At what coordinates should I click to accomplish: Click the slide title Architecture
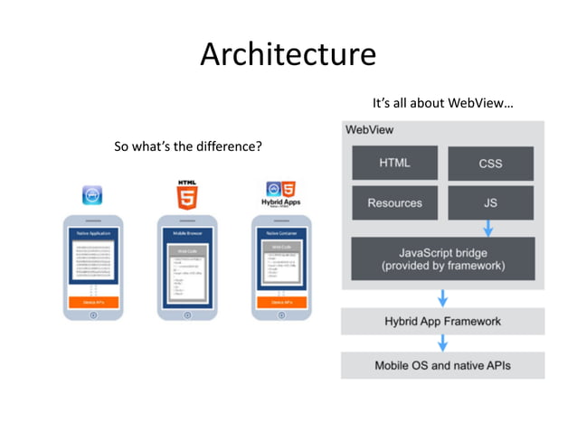(x=288, y=54)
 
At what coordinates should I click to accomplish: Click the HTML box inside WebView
(x=394, y=163)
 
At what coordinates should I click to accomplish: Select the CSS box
(x=490, y=164)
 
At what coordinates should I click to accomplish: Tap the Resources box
(x=394, y=203)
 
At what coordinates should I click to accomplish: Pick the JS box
(x=490, y=203)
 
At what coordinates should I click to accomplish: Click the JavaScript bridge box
(x=442, y=258)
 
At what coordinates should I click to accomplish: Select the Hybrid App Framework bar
(x=442, y=321)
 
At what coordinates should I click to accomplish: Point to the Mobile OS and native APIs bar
(x=442, y=366)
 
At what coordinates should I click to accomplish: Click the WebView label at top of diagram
(x=370, y=130)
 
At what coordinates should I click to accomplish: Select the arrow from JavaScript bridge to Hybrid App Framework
(x=442, y=296)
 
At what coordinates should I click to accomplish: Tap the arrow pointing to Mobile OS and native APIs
(x=442, y=343)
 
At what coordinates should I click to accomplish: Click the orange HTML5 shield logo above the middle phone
(x=187, y=195)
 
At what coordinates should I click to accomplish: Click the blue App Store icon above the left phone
(x=92, y=194)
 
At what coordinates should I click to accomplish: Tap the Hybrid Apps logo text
(x=280, y=203)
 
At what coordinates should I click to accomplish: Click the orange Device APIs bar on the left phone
(x=92, y=302)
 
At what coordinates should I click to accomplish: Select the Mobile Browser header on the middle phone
(x=187, y=233)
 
